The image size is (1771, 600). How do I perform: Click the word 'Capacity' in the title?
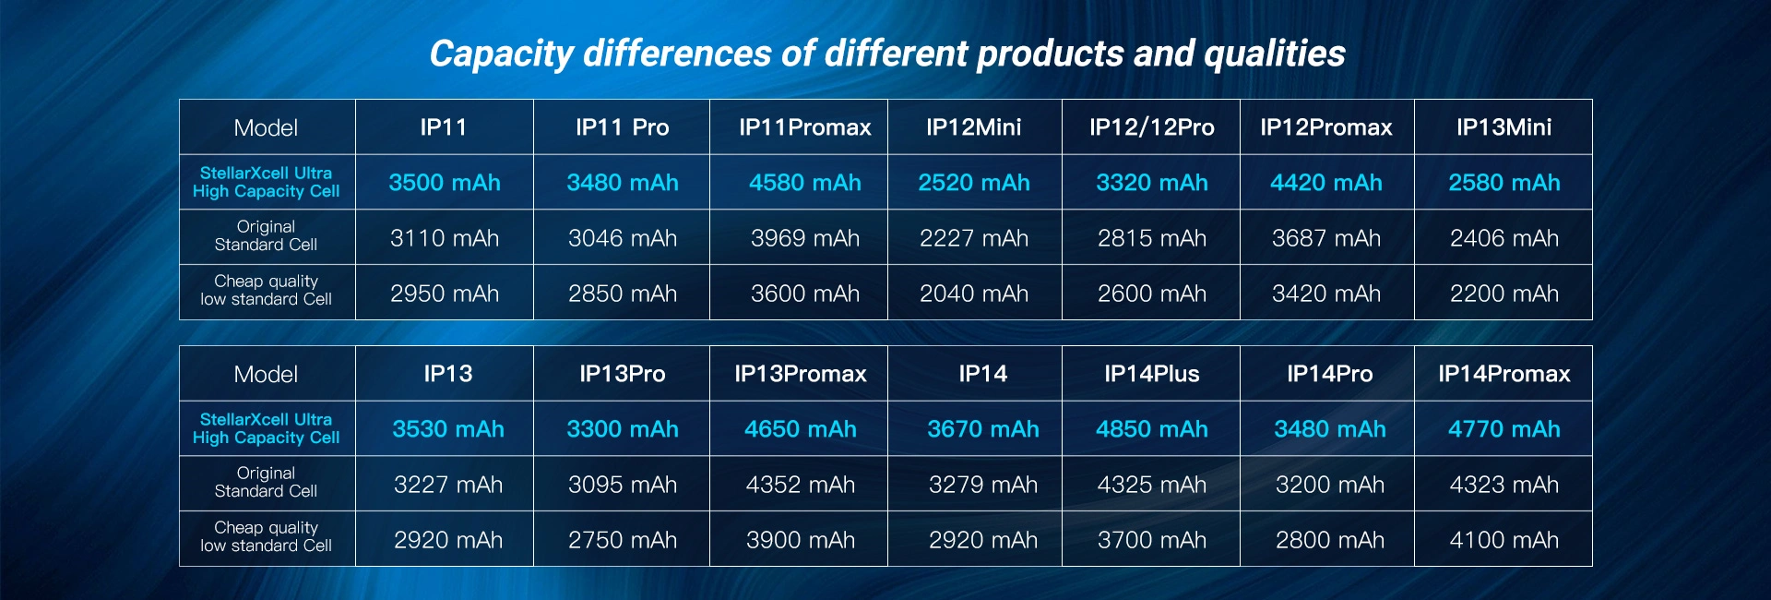tap(501, 54)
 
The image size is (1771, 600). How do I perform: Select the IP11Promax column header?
tap(804, 127)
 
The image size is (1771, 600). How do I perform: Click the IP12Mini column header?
tap(973, 127)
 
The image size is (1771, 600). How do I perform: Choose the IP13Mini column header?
tap(1504, 127)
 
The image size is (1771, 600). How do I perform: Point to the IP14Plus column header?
tap(1151, 374)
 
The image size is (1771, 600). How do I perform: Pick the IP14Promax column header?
tap(1504, 374)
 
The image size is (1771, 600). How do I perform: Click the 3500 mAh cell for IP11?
tap(444, 183)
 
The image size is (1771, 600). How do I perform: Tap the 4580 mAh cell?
tap(804, 183)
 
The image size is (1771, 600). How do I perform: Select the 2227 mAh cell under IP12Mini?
tap(973, 238)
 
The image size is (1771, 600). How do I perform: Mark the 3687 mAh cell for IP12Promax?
tap(1325, 238)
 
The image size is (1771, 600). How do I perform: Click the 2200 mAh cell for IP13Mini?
tap(1504, 294)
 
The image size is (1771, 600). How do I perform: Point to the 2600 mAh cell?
tap(1151, 294)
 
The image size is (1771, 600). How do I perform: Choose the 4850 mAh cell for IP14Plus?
tap(1151, 429)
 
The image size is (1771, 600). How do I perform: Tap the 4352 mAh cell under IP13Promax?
tap(800, 485)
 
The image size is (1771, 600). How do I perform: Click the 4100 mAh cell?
tap(1504, 540)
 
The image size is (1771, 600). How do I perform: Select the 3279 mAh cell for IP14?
tap(982, 485)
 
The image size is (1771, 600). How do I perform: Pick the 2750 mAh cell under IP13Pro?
tap(622, 540)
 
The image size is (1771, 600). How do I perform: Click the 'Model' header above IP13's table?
tap(266, 374)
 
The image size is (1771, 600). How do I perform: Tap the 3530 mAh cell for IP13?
tap(447, 429)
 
